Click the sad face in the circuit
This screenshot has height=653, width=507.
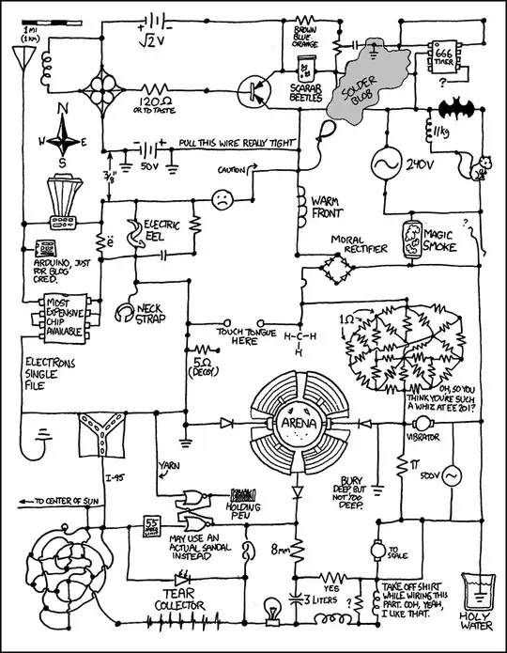(x=222, y=199)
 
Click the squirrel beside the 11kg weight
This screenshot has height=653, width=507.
(x=484, y=167)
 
